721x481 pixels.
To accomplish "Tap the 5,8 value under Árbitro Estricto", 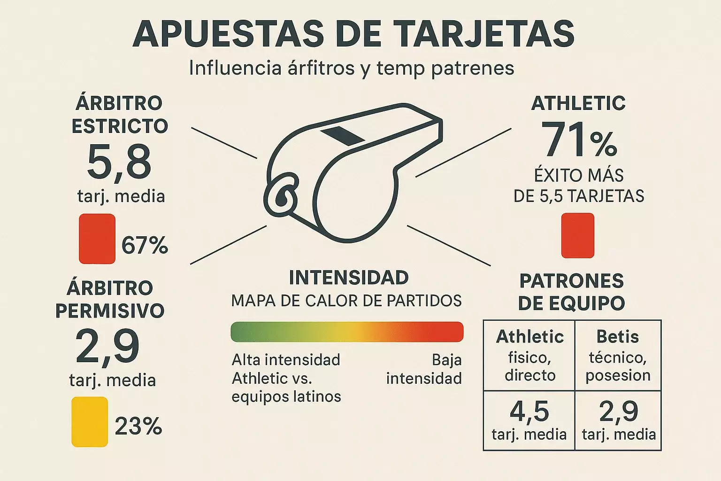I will tap(119, 162).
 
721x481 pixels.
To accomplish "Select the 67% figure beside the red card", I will tap(145, 245).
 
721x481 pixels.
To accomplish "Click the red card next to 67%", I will tap(97, 239).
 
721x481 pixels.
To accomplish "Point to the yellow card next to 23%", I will tap(90, 421).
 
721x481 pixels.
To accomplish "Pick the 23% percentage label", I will tap(138, 427).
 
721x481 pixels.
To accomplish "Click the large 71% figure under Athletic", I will tap(579, 140).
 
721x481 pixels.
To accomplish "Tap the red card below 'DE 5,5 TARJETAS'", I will tap(578, 235).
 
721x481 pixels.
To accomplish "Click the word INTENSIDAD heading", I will tap(348, 278).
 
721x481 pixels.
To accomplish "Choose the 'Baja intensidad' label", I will tap(424, 369).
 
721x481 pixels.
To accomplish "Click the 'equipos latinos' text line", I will tap(286, 396).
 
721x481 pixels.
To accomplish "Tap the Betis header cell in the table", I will tap(618, 337).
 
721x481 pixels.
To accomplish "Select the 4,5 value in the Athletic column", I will tap(529, 411).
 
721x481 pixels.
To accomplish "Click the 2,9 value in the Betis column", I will tap(618, 411).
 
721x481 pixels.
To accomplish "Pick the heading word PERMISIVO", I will tap(110, 311).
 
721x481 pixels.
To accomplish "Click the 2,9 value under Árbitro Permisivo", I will tap(107, 347).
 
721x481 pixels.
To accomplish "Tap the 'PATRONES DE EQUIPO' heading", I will tap(571, 292).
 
